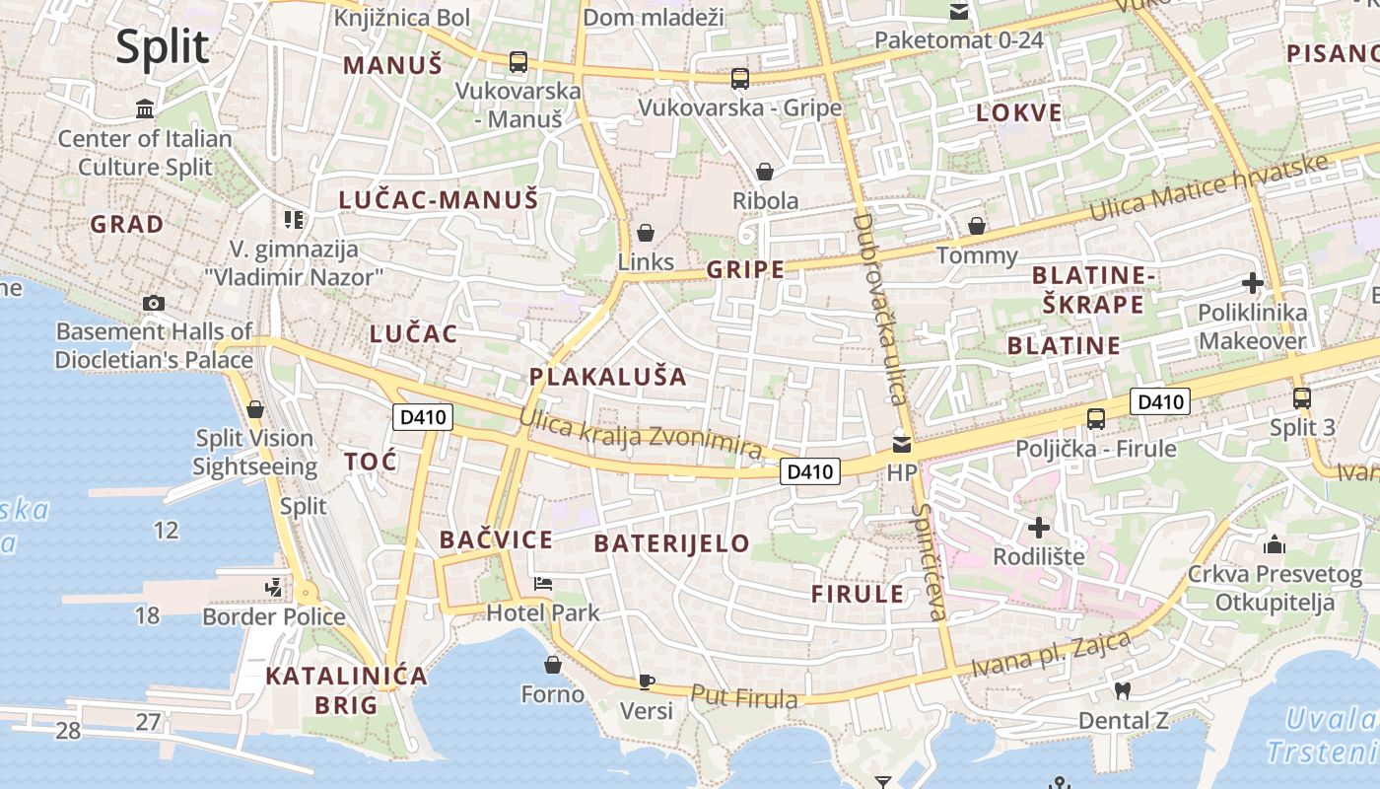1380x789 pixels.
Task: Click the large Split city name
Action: point(163,47)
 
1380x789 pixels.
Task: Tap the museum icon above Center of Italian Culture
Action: point(146,108)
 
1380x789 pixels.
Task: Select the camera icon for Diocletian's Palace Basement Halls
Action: point(154,303)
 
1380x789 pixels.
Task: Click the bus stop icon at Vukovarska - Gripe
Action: point(739,79)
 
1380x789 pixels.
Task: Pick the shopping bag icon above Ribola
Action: point(765,173)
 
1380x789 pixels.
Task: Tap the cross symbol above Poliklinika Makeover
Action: point(1252,284)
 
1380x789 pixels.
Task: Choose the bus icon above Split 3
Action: point(1302,398)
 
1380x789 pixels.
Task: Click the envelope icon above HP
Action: point(902,445)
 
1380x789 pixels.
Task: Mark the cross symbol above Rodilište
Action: point(1038,528)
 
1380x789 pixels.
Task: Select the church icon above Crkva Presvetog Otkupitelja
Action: point(1275,544)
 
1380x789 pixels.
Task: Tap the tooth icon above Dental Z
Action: point(1121,690)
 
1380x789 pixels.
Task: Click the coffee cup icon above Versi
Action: point(647,681)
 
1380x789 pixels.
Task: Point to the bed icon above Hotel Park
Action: point(543,584)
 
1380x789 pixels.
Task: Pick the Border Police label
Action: point(274,617)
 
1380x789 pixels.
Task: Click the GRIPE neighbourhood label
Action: point(745,269)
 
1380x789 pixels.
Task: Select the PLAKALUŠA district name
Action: point(607,377)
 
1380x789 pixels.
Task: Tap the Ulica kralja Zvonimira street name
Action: point(641,435)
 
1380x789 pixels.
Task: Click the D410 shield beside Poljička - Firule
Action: point(1160,401)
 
